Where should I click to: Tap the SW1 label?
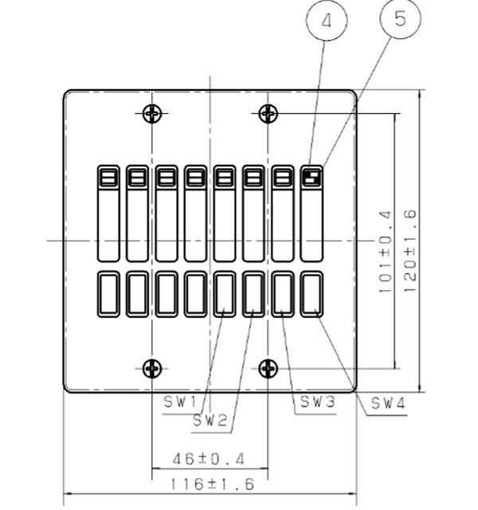(180, 402)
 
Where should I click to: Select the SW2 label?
(210, 421)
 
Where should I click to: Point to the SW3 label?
(317, 402)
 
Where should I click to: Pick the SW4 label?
(388, 404)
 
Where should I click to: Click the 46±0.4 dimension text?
(209, 459)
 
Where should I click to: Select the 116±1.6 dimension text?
(212, 484)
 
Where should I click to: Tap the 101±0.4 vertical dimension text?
(386, 252)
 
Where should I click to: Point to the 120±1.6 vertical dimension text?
(409, 251)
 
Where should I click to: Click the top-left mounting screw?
(152, 113)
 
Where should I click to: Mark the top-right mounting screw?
(268, 113)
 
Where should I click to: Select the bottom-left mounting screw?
(152, 368)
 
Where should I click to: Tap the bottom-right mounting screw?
(268, 368)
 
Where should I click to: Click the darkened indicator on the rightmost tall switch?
(311, 178)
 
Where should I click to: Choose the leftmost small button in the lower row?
(108, 294)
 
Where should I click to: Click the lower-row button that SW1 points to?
(225, 294)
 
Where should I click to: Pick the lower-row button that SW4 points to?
(311, 294)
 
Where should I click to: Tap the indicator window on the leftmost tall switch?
(108, 178)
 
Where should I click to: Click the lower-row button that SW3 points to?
(283, 294)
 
